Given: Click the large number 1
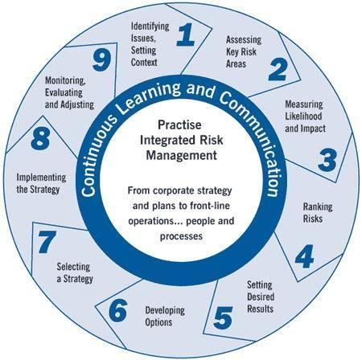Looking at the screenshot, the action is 186,35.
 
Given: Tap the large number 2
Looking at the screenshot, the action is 278,69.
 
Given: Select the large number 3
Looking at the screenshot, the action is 327,160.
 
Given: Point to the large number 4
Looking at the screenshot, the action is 304,256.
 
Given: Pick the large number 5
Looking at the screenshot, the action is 223,317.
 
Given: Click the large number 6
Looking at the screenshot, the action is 118,310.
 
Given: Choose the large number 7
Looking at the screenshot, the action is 47,242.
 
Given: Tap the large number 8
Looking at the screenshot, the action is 40,138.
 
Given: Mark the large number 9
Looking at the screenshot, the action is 102,60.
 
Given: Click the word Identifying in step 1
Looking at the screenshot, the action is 150,27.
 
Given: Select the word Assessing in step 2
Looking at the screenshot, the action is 244,39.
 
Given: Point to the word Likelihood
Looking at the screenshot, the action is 303,116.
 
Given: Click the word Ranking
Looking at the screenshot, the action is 318,207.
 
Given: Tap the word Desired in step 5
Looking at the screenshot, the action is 261,297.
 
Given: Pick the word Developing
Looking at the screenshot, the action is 165,310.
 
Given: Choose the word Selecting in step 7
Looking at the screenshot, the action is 73,267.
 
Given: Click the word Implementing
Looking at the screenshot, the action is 41,178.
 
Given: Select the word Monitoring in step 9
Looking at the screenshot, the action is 65,80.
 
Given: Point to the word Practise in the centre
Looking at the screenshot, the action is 179,125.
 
